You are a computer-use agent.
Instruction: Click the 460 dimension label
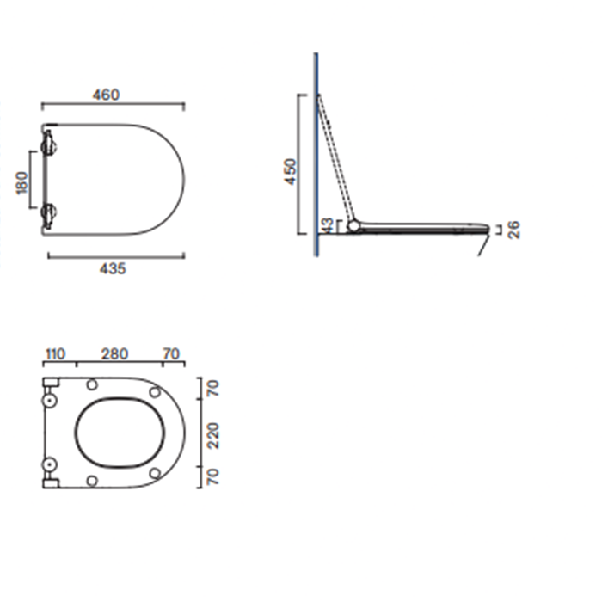pyautogui.click(x=107, y=95)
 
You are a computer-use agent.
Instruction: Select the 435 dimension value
pyautogui.click(x=113, y=268)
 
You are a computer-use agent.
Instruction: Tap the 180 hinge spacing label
pyautogui.click(x=22, y=182)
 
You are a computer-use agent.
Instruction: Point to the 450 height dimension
pyautogui.click(x=291, y=172)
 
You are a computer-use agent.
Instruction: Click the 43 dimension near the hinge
pyautogui.click(x=327, y=225)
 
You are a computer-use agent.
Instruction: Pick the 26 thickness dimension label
pyautogui.click(x=513, y=230)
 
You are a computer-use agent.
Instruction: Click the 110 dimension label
pyautogui.click(x=55, y=354)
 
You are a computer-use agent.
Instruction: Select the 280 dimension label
pyautogui.click(x=114, y=354)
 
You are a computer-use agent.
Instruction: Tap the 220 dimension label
pyautogui.click(x=212, y=436)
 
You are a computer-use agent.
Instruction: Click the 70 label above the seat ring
pyautogui.click(x=171, y=354)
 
